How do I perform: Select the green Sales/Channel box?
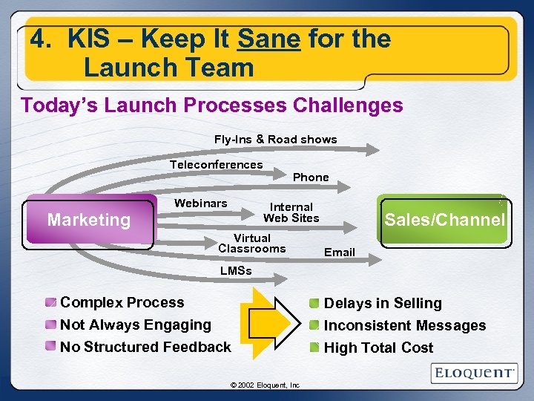click(x=443, y=220)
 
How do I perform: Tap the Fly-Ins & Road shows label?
click(x=275, y=140)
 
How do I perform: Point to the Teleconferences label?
click(x=216, y=165)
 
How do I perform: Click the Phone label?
click(x=311, y=177)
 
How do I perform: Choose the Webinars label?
click(x=200, y=203)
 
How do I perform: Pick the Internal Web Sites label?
click(x=291, y=212)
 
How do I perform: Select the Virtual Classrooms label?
click(x=251, y=244)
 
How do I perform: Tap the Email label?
click(x=339, y=252)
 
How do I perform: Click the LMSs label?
click(x=236, y=271)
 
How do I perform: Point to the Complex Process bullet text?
click(x=122, y=302)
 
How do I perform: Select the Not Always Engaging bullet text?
click(x=135, y=325)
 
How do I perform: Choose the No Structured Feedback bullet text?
click(x=145, y=347)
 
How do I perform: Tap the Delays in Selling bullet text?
click(x=383, y=303)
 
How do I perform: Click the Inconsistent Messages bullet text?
click(x=405, y=325)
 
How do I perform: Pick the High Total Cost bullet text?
click(x=378, y=348)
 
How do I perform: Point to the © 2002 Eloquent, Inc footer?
click(x=265, y=385)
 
